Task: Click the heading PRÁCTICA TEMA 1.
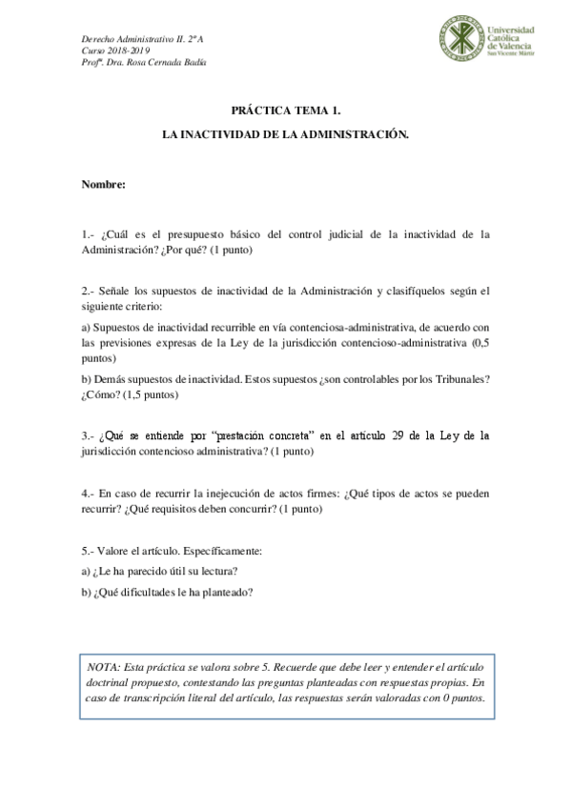click(285, 110)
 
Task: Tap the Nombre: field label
click(103, 184)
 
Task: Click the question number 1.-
click(88, 232)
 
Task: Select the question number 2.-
click(88, 290)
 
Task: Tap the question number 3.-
click(88, 436)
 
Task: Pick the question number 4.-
click(88, 494)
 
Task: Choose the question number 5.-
click(88, 552)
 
